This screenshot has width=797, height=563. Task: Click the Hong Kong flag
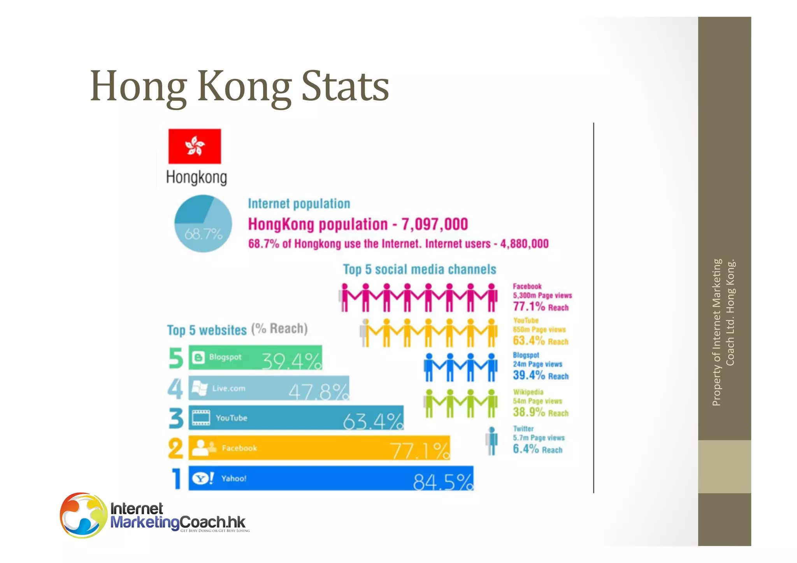[195, 146]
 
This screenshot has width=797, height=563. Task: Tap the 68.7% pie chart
[203, 223]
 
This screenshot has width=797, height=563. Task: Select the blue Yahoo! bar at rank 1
[331, 478]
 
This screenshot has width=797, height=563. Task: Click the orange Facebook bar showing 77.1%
[319, 448]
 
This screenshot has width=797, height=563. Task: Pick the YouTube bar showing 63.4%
[296, 418]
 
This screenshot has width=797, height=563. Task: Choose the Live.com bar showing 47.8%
[269, 388]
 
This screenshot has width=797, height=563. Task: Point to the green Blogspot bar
[255, 357]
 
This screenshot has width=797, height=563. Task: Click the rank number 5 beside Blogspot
[176, 358]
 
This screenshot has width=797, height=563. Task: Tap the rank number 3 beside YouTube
[176, 418]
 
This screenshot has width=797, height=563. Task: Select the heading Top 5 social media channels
[420, 269]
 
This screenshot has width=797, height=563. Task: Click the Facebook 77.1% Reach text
[541, 307]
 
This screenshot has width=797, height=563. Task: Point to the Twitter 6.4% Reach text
[537, 449]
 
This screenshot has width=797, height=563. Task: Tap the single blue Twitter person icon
[492, 441]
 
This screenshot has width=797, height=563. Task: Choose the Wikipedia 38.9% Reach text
[541, 412]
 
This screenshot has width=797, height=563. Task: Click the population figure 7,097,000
[435, 224]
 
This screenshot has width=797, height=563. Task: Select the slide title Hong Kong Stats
[239, 86]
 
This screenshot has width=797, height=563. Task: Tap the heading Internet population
[299, 203]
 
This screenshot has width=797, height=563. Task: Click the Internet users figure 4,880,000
[524, 244]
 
